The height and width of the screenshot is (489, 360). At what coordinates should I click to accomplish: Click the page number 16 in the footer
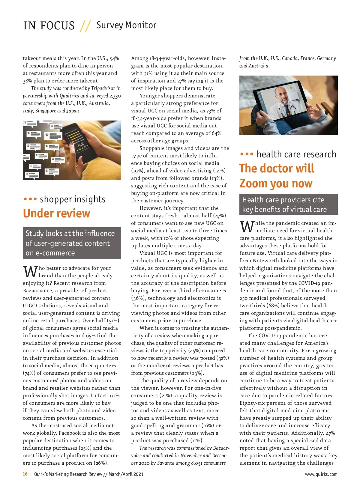(25, 474)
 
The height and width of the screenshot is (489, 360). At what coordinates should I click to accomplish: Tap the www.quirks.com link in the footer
(321, 474)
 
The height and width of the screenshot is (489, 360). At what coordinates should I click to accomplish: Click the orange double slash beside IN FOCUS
(85, 26)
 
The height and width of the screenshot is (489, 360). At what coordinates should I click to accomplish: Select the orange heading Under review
(56, 213)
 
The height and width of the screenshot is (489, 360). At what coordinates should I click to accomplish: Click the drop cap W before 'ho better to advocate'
(30, 271)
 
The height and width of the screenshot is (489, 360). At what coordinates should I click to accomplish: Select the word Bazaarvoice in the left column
(37, 291)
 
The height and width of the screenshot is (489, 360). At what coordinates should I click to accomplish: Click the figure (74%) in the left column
(29, 373)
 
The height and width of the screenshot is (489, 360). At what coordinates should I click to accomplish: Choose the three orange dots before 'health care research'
(247, 154)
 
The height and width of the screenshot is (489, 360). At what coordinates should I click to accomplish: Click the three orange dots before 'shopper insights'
(30, 199)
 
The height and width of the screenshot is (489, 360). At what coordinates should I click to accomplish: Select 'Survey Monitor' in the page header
(126, 25)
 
